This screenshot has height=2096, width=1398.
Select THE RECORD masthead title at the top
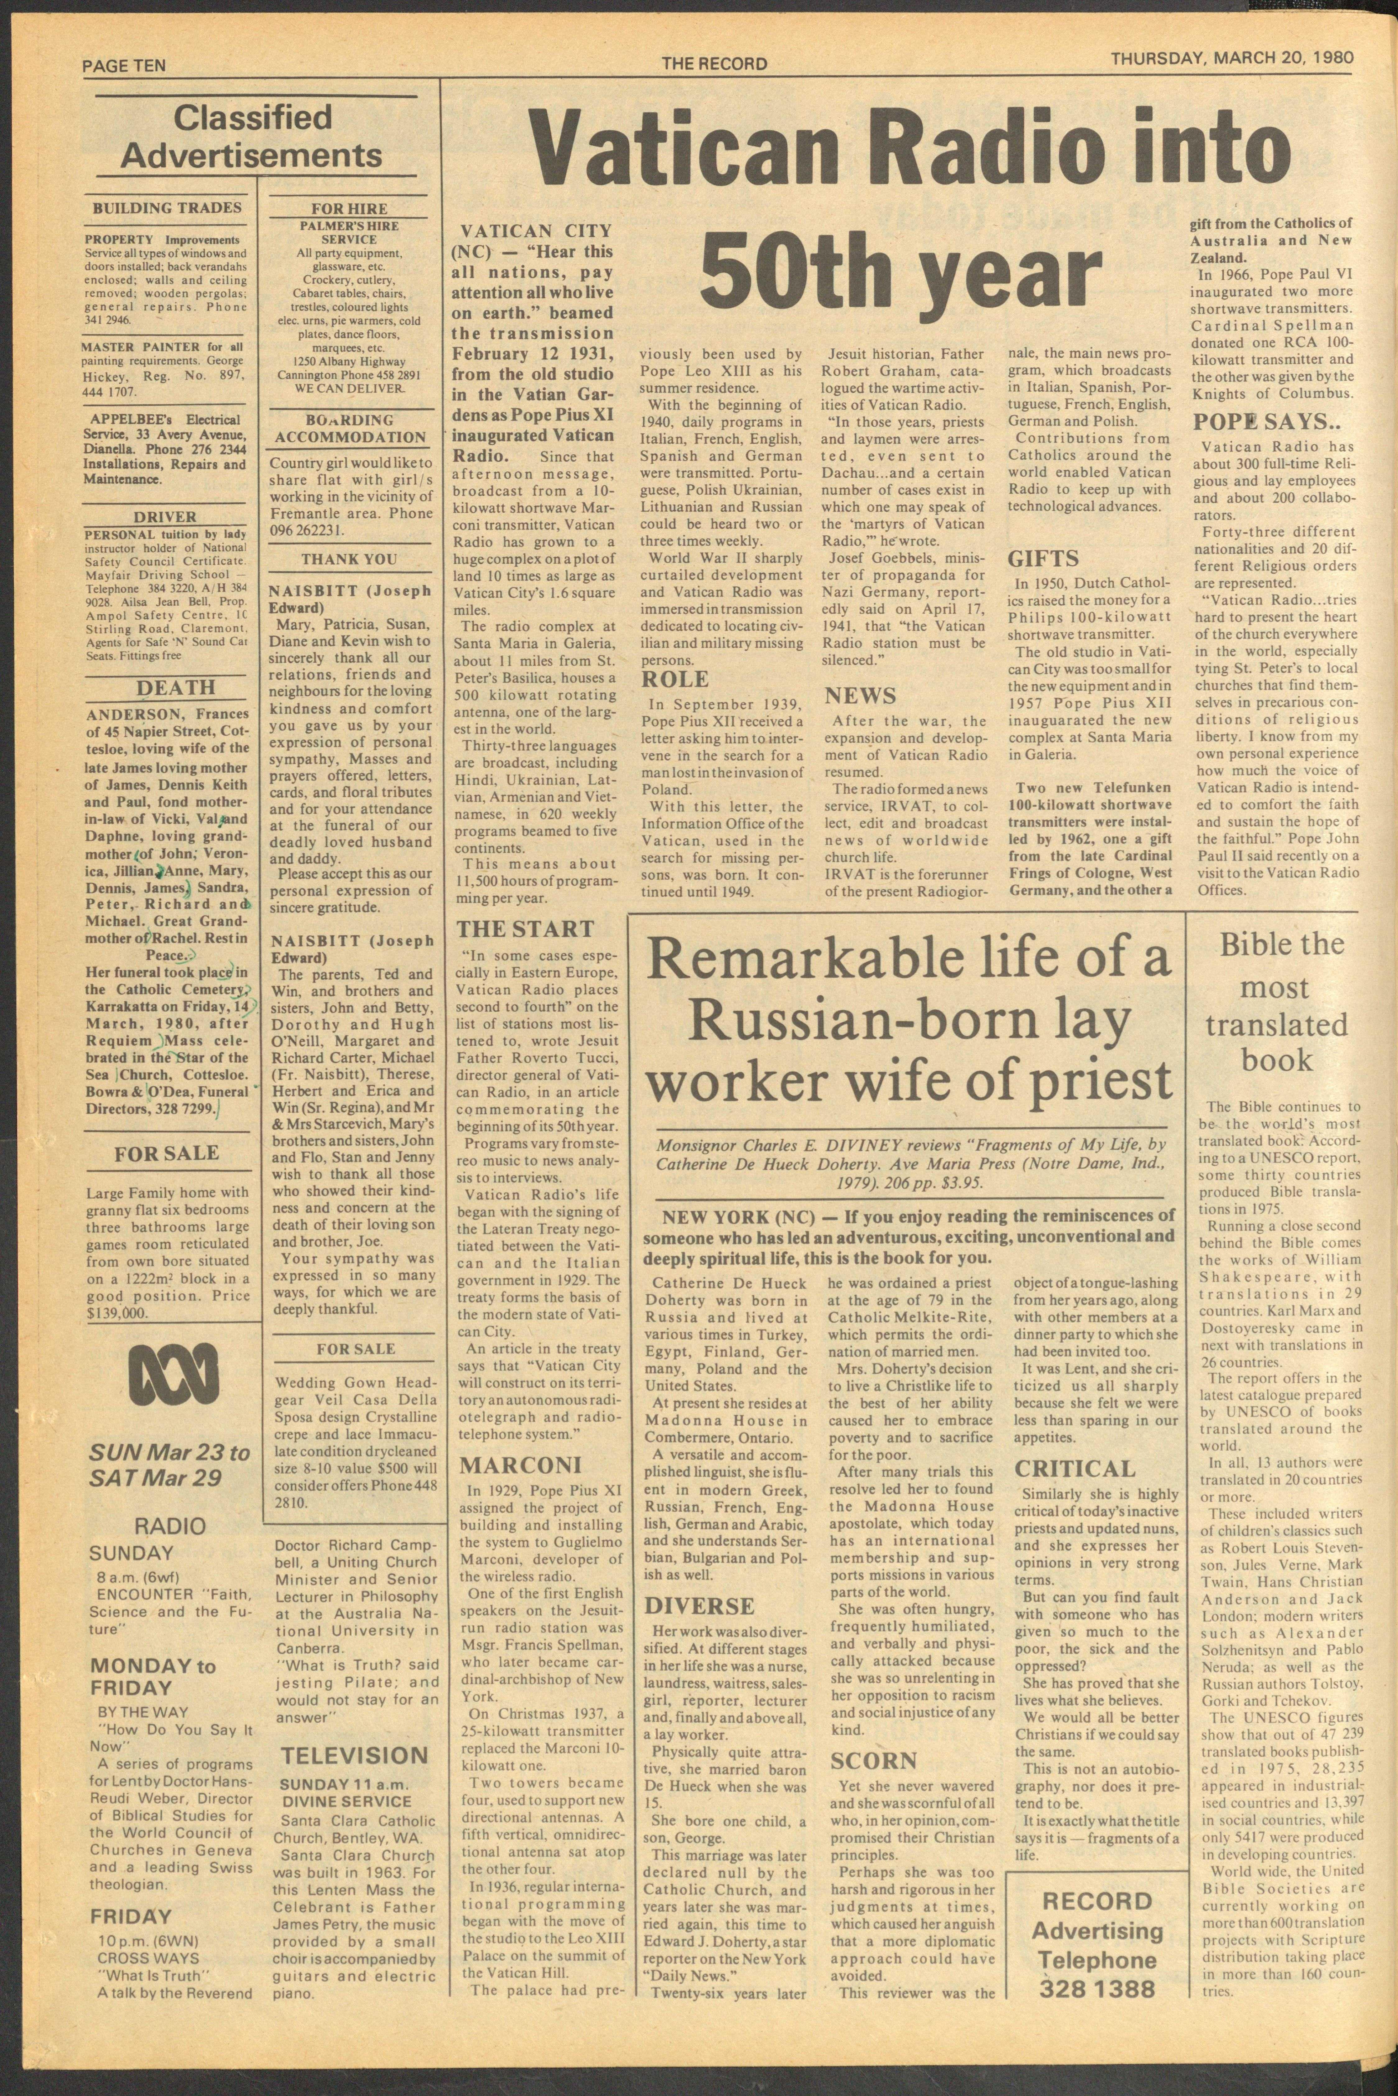coord(714,63)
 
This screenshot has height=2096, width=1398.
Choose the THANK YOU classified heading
coord(349,559)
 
